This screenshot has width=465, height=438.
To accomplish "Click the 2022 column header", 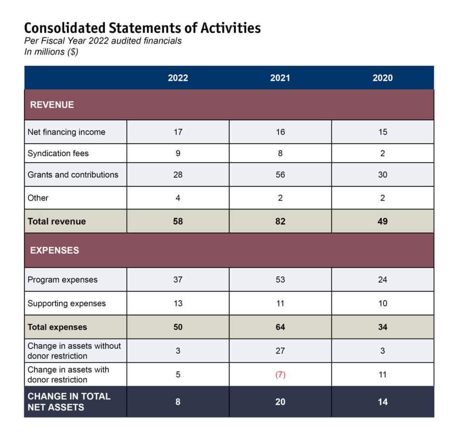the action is tap(178, 78).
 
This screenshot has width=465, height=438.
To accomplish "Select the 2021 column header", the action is tap(280, 78).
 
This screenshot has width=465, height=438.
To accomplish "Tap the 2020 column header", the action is tap(382, 78).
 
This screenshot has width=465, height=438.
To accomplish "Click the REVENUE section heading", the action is tap(52, 105).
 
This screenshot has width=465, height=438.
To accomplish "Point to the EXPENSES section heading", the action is tap(54, 250).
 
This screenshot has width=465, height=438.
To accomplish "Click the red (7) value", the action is tap(280, 374).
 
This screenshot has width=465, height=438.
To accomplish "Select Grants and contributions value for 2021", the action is tap(280, 174).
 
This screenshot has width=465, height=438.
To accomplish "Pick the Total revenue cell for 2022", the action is tap(178, 221).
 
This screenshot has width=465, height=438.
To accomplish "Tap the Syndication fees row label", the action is tap(58, 154).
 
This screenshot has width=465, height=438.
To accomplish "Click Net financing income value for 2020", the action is tap(382, 132).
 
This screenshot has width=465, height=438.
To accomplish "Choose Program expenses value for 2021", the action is tap(280, 279).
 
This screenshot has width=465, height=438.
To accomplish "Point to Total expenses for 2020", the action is tap(382, 327).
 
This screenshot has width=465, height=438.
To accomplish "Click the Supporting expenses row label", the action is tap(67, 304).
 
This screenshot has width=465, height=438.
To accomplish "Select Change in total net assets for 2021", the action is tap(280, 402).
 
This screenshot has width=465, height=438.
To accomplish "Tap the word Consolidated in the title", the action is tap(65, 28).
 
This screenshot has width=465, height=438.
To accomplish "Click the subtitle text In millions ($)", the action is tap(51, 52).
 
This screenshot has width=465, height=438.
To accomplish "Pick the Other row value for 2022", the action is tap(178, 198).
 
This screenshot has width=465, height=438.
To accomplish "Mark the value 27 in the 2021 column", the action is tap(280, 351).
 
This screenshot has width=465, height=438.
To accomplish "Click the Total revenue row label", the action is tap(57, 221).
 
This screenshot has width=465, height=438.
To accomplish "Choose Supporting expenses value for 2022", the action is tap(178, 303).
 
